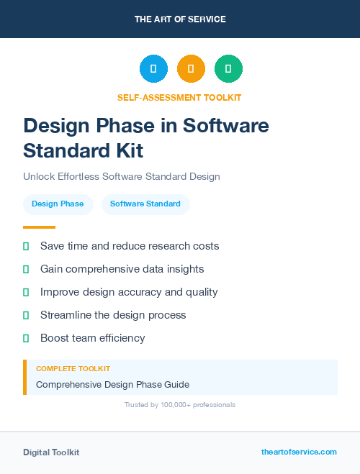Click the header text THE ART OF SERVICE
point(180,19)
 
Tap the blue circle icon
point(153,69)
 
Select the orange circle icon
point(191,69)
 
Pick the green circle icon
point(228,69)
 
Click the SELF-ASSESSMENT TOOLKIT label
point(179,97)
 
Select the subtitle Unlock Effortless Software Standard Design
point(121,176)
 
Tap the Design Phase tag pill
point(58,204)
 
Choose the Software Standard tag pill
point(145,204)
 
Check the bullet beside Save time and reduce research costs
point(26,246)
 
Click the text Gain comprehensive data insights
point(122,269)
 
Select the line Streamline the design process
point(113,315)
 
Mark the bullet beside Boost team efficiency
point(26,338)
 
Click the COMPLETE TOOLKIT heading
point(73,368)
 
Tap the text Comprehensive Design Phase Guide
point(112,384)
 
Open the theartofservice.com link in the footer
point(299,452)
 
